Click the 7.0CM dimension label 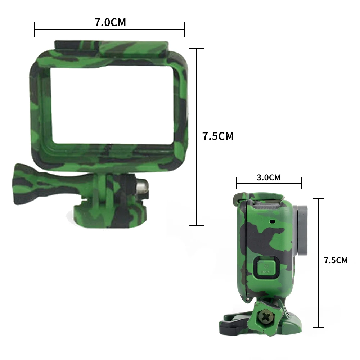coord(110,23)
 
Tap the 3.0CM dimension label coord(268,177)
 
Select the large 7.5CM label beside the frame coord(218,136)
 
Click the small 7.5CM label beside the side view coord(336,260)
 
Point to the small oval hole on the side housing coord(273,221)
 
